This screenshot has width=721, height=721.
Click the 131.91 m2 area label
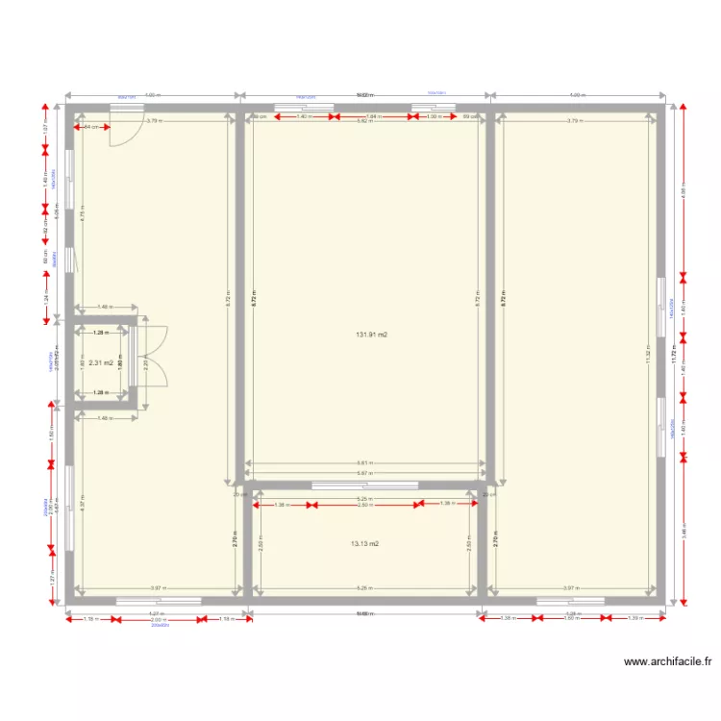pyautogui.click(x=370, y=335)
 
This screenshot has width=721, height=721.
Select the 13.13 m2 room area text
pyautogui.click(x=365, y=543)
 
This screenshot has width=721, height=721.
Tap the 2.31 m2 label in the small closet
pyautogui.click(x=101, y=363)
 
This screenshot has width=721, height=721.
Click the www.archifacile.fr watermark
pyautogui.click(x=668, y=661)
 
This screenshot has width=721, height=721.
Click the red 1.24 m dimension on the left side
pyautogui.click(x=44, y=298)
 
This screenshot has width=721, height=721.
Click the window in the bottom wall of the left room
pyautogui.click(x=159, y=602)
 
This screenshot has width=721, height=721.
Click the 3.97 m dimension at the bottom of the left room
pyautogui.click(x=159, y=587)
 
